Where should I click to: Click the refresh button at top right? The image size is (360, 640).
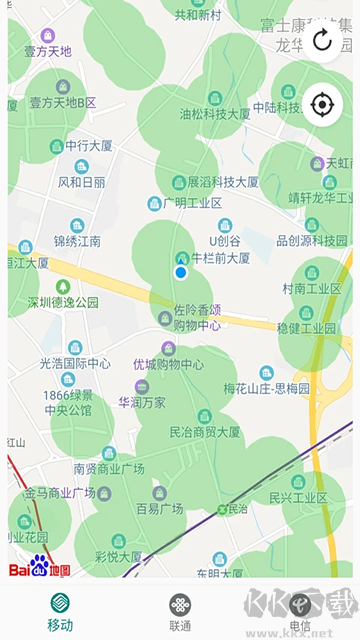322,40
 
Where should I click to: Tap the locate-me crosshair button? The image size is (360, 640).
322,104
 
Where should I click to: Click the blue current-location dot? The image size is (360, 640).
181,272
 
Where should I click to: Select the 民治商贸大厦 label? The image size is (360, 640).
205,432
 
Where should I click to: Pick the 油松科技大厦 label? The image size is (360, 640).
214,114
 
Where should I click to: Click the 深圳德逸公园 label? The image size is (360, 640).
63,301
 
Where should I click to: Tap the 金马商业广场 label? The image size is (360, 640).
60,492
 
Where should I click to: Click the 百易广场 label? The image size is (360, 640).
159,508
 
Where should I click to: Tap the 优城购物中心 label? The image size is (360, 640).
169,364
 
